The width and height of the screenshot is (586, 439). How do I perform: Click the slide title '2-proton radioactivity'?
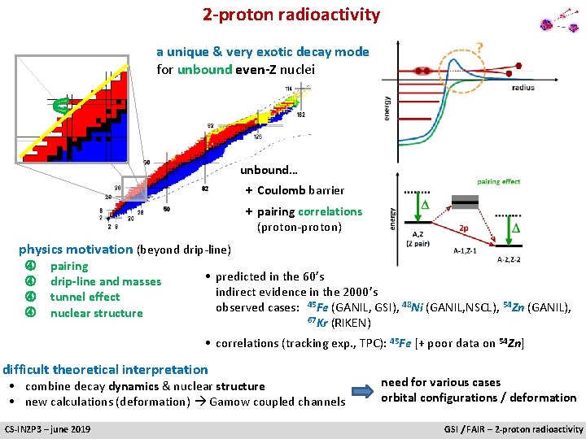pos(291,15)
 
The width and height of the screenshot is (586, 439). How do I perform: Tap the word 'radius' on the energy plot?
pos(523,88)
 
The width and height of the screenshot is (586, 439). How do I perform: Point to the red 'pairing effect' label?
pos(498,182)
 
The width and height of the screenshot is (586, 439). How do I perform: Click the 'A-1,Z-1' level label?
pos(470,251)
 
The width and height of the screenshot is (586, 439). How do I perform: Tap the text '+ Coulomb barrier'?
pos(295,191)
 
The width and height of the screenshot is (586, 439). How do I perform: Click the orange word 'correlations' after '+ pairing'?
pos(330,211)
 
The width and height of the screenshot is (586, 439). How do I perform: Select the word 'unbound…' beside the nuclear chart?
pos(269,171)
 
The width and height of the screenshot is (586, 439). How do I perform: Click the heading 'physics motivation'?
pos(76,250)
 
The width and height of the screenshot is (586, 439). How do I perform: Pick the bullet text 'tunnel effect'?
pos(85,298)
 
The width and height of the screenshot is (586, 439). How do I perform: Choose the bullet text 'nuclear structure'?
pos(96,313)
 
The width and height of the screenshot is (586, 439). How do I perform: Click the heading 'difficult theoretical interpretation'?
pos(106,370)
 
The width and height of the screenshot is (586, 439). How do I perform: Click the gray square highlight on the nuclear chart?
pos(133,189)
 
